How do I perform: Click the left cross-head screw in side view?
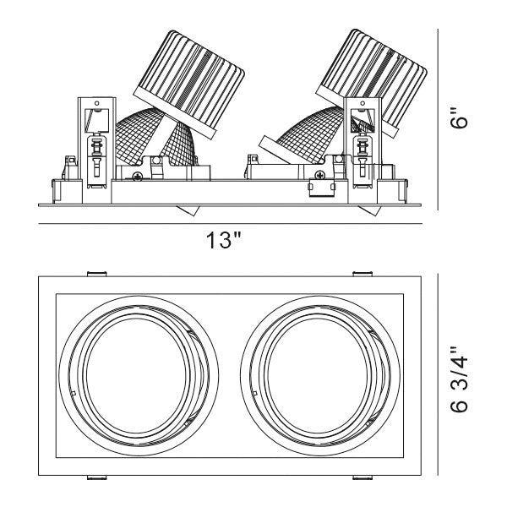[x=137, y=176]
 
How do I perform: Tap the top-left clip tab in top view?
[x=97, y=273]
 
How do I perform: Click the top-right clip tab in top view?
[x=363, y=273]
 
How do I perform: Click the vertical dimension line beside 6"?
[x=439, y=118]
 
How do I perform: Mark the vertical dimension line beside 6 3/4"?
[x=439, y=377]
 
